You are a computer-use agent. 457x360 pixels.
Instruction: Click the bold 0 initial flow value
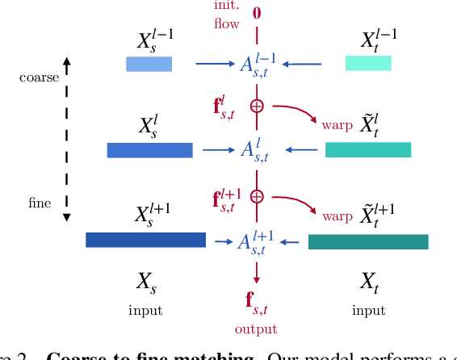257,12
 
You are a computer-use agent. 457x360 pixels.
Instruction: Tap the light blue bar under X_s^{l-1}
149,64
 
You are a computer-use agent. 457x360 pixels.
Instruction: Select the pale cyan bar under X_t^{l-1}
368,63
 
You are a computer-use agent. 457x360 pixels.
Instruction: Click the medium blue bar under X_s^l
149,149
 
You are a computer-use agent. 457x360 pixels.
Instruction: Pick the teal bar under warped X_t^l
367,149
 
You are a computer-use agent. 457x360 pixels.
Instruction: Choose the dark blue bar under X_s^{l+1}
145,240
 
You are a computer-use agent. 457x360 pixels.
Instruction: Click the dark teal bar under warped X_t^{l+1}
368,241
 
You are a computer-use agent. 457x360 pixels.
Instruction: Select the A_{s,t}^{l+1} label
257,242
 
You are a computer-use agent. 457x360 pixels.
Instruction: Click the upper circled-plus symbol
257,106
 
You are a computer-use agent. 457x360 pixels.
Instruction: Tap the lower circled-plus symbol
257,196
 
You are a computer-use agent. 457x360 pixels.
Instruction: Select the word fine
39,203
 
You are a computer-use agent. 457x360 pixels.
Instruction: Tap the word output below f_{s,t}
256,329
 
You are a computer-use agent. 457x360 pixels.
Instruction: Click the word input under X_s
145,310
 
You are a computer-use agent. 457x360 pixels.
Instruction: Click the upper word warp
337,125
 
